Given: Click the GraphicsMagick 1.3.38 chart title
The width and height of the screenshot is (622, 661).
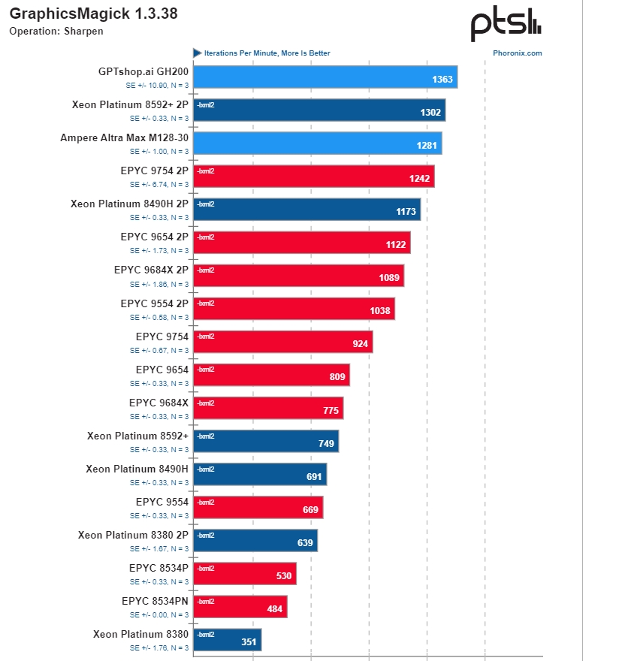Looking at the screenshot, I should [93, 14].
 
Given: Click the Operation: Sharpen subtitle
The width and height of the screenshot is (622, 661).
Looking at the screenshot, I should [56, 31].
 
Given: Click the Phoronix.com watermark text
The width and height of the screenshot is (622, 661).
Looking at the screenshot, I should [518, 53].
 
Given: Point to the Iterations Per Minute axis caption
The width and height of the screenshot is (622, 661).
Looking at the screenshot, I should [267, 53].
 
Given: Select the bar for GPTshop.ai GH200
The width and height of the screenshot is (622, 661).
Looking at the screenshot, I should [325, 77].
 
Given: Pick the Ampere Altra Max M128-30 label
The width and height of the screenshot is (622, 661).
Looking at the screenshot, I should [125, 138].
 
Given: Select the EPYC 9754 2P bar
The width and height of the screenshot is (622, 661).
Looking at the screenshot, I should [314, 177].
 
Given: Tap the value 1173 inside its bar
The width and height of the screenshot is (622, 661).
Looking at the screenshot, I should [406, 212].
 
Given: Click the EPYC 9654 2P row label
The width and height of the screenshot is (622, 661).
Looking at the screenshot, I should [154, 237].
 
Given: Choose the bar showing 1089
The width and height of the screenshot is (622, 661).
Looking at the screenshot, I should [299, 276].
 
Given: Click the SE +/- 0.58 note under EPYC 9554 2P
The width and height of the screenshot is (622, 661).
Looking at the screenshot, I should [159, 317].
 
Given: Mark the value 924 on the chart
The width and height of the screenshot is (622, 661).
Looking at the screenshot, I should [360, 344].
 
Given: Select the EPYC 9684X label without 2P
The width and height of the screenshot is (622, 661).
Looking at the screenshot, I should [159, 403].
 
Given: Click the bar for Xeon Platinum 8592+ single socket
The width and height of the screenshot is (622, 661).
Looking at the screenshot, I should [266, 441].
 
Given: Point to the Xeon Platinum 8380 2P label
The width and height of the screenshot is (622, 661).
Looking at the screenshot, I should [133, 535].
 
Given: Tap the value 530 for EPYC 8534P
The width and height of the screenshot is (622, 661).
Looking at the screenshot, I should [283, 575].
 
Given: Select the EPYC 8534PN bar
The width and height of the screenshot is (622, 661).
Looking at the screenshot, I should [240, 606].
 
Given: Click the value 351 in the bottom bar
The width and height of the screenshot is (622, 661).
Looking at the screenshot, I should [249, 641].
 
